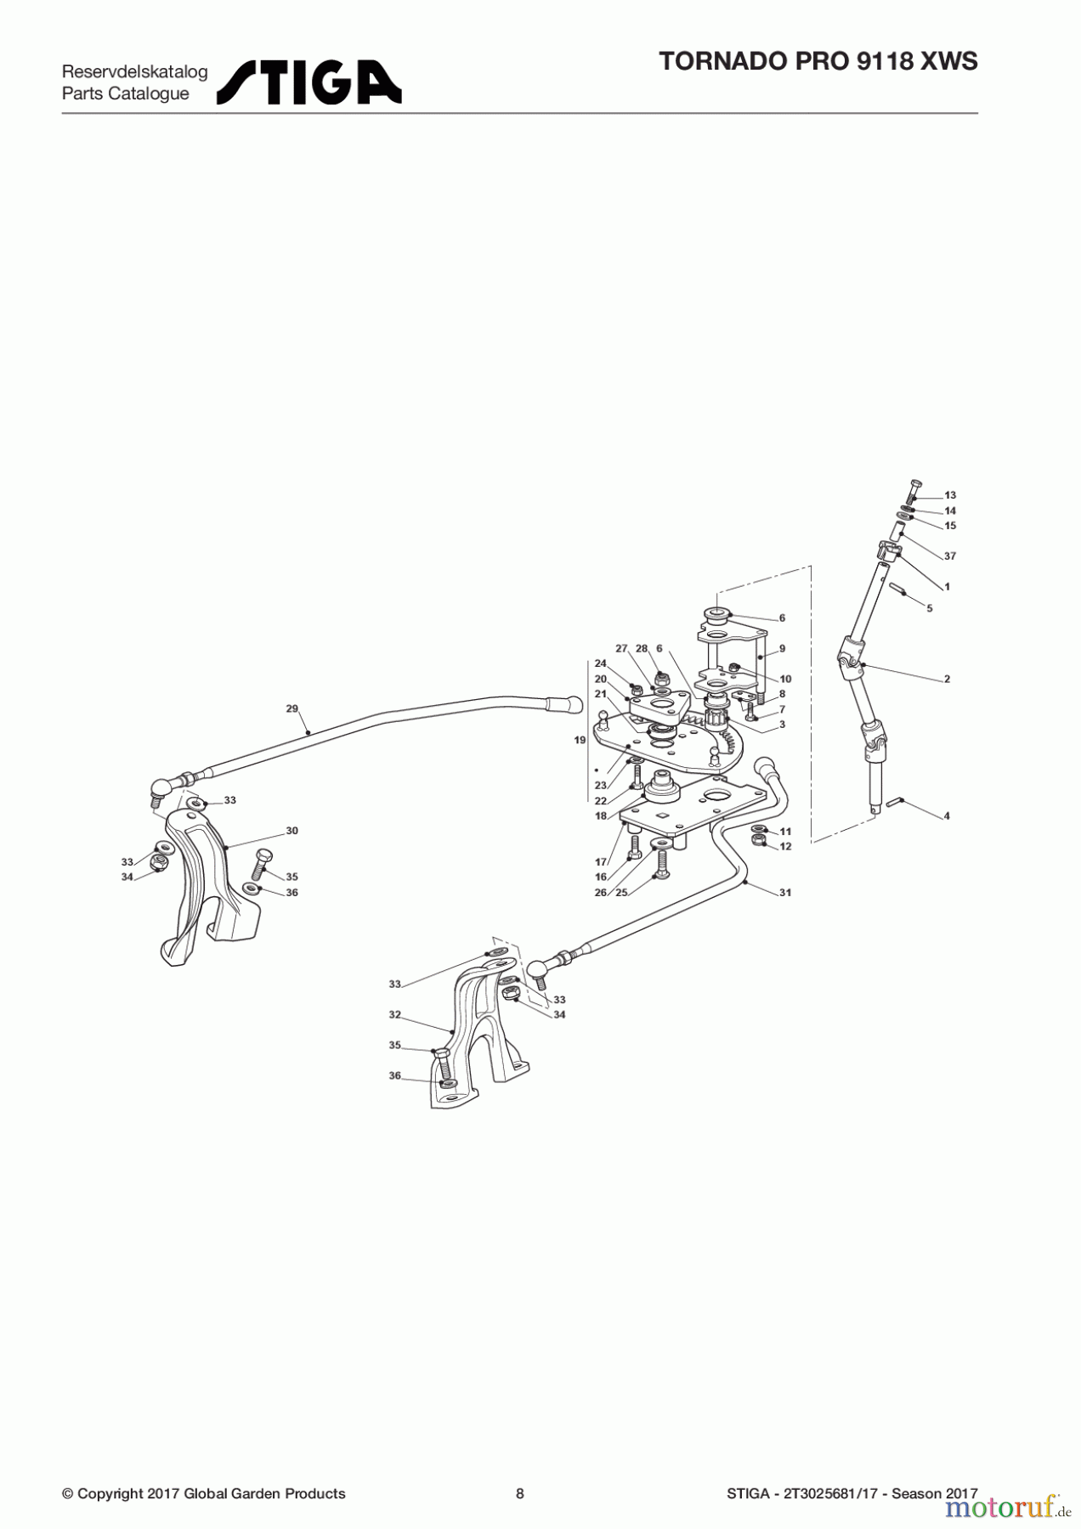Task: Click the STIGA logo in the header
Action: (x=308, y=82)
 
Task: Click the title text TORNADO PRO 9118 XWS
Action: (x=818, y=61)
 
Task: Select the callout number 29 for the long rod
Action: (x=291, y=708)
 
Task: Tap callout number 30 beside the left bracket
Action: (x=291, y=831)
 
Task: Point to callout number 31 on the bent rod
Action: (x=785, y=893)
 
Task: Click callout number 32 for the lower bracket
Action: (x=394, y=1014)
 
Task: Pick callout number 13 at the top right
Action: (x=950, y=495)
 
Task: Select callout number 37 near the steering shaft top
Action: (x=950, y=556)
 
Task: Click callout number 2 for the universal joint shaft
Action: (x=947, y=680)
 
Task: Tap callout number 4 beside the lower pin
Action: (x=947, y=816)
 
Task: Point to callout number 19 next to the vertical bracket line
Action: (x=580, y=740)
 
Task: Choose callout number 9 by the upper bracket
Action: (x=782, y=649)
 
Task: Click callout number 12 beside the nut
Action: (x=785, y=847)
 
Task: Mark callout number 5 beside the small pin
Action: (x=930, y=608)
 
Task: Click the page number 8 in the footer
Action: (x=520, y=1494)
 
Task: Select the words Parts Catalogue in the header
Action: (x=126, y=94)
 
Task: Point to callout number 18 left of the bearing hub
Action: (x=601, y=816)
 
